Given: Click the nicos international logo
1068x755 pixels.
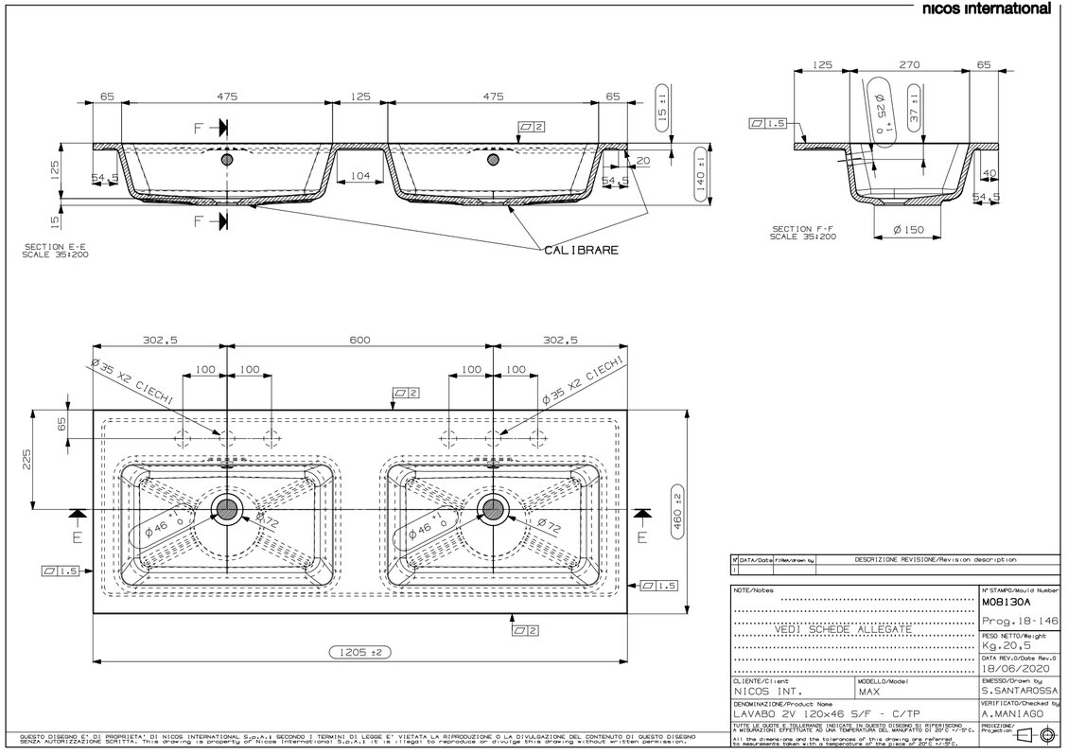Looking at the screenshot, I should (986, 9).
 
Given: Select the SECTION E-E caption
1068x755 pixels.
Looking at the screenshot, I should (57, 251).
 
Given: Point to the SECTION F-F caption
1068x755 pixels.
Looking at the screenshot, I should (803, 232).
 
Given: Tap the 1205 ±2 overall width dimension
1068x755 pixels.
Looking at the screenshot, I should (359, 652).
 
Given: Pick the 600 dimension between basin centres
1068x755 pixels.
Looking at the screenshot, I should (359, 342).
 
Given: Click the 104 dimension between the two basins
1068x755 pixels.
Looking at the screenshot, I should (359, 176).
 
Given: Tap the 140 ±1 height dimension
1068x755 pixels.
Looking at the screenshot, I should (702, 170).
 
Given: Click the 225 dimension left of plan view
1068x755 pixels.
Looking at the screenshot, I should (28, 461).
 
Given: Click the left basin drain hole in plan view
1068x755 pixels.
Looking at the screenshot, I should (227, 510).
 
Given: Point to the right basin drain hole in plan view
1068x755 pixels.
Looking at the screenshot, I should (492, 510).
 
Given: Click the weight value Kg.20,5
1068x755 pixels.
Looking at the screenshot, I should (1007, 645).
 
